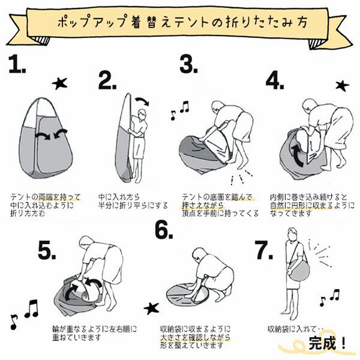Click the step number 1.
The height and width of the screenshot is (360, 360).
(17, 64)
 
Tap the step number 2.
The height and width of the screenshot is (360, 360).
(107, 80)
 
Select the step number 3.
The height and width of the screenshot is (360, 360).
(189, 64)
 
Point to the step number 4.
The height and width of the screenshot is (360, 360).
(275, 81)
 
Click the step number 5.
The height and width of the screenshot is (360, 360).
(47, 251)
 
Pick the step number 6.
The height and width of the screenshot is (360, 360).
(164, 230)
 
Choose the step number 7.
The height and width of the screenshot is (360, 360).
(264, 251)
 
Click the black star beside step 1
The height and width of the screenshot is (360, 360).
(60, 84)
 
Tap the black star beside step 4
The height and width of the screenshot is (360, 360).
(342, 85)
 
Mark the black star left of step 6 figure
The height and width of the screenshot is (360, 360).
(152, 308)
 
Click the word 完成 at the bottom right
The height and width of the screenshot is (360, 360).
(322, 343)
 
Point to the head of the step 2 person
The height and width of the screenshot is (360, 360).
(142, 114)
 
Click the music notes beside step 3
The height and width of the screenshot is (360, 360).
(180, 110)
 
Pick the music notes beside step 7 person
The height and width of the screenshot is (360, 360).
(329, 298)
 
